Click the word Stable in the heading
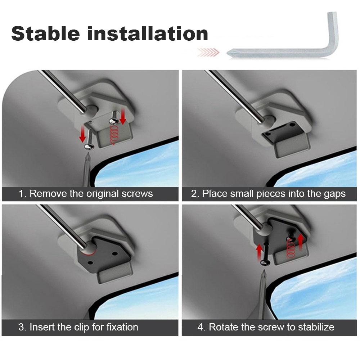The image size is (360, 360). [x=45, y=33]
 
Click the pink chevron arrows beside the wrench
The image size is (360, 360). [x=208, y=53]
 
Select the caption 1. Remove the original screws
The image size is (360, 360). [x=86, y=194]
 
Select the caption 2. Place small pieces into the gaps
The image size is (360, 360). [x=268, y=194]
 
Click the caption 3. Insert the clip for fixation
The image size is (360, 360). [x=78, y=327]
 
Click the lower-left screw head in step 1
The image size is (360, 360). [x=88, y=146]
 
